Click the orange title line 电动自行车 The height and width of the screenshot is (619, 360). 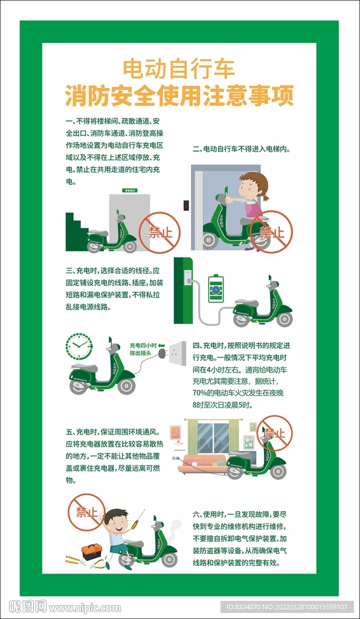(179, 69)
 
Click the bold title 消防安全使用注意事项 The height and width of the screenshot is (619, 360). (179, 95)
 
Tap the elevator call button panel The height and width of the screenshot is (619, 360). (187, 205)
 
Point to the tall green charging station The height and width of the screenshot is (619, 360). (183, 291)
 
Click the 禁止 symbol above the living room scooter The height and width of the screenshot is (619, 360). (274, 433)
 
